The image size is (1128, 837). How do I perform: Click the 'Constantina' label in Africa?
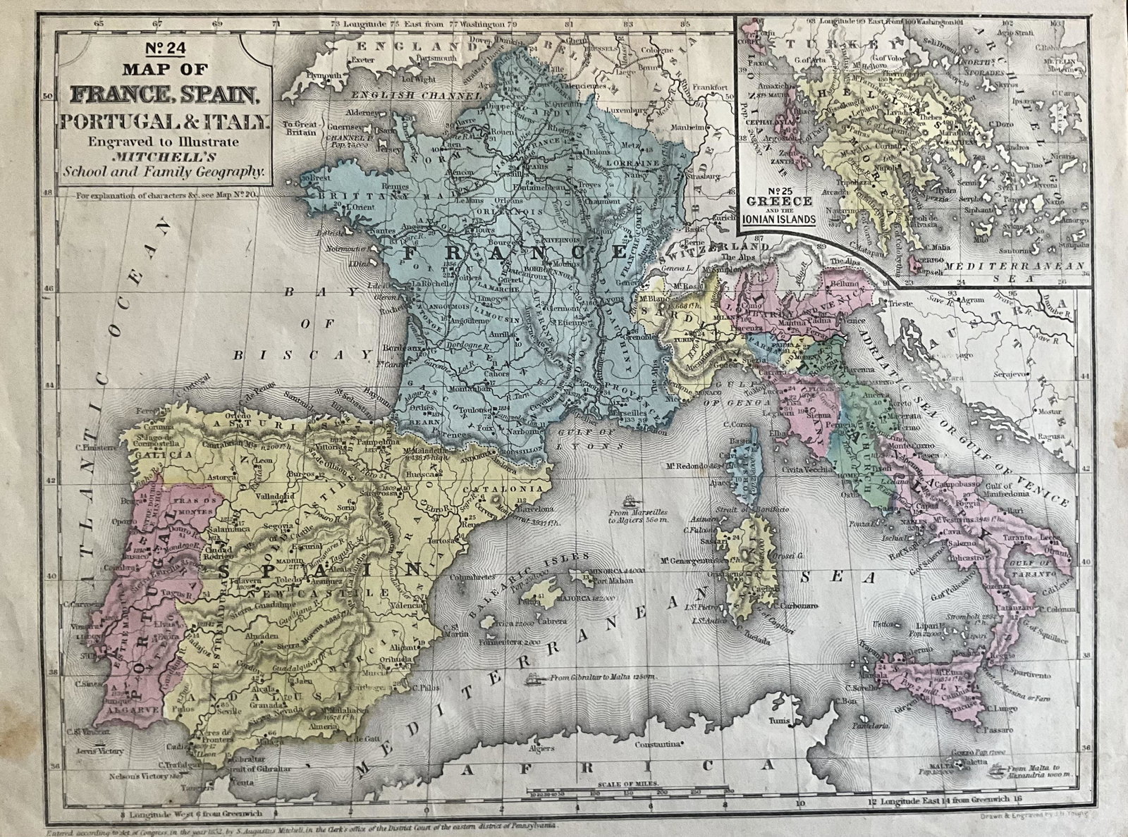658,744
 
